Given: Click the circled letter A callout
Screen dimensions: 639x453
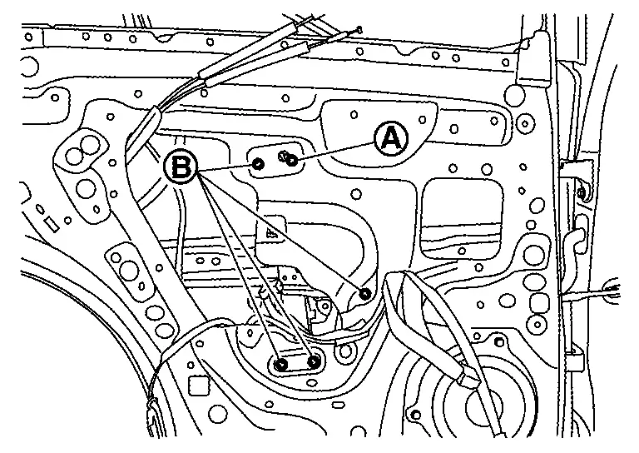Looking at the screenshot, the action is [x=391, y=139].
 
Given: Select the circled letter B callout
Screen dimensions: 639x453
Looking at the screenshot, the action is [x=181, y=167].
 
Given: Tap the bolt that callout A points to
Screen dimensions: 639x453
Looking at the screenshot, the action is [x=292, y=162].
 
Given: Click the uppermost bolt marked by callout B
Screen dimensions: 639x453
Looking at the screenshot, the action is [x=258, y=164].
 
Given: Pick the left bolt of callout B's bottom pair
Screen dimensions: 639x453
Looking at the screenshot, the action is [x=281, y=364].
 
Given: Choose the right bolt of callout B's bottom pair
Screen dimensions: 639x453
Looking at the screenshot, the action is [x=314, y=361].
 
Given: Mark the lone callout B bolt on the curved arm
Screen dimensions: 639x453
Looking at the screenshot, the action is [x=365, y=293].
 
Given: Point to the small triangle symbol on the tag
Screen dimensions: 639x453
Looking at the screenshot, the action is [x=270, y=234].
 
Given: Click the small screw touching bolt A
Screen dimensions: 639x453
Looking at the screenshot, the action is [x=283, y=155].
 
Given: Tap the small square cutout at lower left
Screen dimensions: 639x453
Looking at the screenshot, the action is [x=199, y=385].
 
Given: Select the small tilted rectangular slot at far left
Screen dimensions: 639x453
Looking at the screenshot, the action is [x=51, y=223].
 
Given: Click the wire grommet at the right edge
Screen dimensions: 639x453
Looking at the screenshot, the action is [x=611, y=290].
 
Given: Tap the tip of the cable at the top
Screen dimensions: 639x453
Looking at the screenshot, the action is [x=359, y=28].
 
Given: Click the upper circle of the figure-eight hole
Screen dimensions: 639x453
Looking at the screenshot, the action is [x=91, y=144].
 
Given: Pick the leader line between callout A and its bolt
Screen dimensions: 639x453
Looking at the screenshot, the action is [x=336, y=152].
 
